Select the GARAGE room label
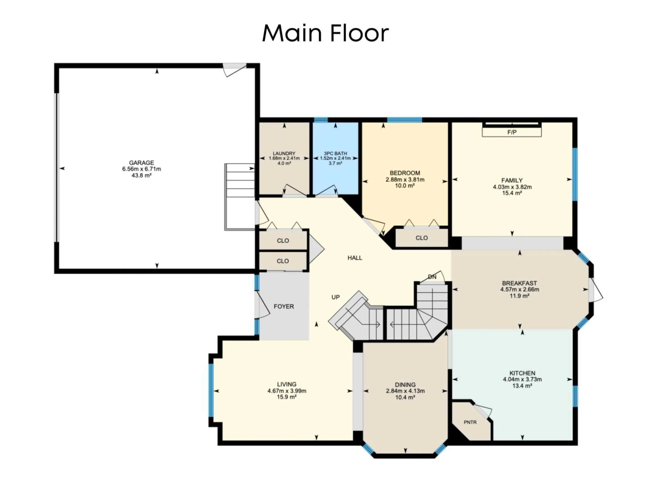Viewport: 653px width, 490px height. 141,163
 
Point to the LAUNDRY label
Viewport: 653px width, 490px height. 284,153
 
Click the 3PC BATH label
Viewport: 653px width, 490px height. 335,153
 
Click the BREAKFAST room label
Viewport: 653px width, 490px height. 519,283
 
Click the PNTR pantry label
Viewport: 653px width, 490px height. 470,422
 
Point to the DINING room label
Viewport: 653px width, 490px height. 405,385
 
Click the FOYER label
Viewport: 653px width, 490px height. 284,307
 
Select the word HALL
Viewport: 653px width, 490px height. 355,258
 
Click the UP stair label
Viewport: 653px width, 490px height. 335,297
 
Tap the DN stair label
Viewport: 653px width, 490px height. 432,277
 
